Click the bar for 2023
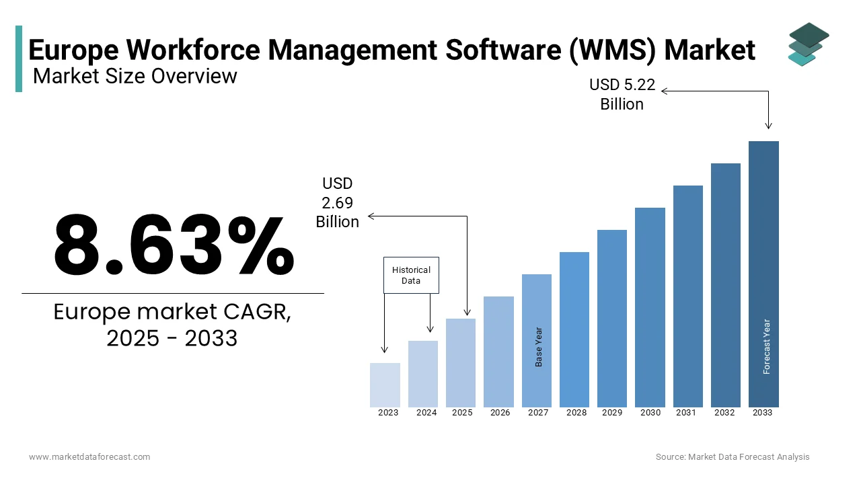coord(385,385)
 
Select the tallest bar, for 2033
coord(763,274)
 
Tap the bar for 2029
coord(612,318)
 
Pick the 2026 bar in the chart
coord(498,352)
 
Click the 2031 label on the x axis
coord(686,413)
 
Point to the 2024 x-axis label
coord(426,413)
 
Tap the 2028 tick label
coord(576,413)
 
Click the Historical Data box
coord(411,275)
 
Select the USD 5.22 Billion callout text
coord(622,95)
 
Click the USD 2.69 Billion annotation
coord(338,202)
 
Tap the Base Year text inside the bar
coord(539,347)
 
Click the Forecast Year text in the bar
coord(767,346)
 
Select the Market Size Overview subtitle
coord(135,76)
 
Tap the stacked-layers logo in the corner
coord(808,44)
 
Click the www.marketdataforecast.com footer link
coord(89,457)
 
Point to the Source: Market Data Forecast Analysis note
coord(733,457)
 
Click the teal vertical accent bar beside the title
coord(19,58)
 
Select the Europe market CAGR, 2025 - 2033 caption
coord(172,325)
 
